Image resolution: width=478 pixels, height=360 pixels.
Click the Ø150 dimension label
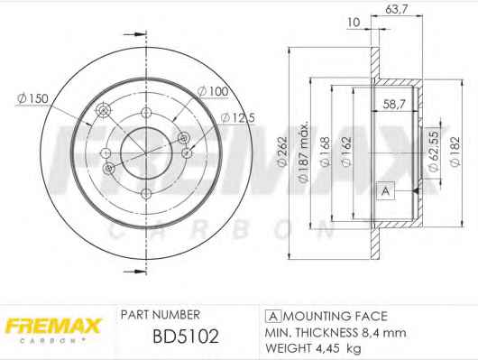point(33,98)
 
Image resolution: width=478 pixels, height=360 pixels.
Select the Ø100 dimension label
point(213,91)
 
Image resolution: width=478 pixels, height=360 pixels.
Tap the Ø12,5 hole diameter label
point(238,118)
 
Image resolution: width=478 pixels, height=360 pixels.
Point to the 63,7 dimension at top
point(396,9)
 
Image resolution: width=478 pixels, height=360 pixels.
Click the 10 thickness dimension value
point(354,23)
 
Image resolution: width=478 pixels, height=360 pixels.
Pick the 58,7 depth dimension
point(394,105)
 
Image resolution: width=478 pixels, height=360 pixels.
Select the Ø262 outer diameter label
point(282,152)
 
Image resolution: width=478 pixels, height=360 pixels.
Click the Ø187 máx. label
point(304,152)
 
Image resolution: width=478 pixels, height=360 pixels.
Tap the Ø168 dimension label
point(326,152)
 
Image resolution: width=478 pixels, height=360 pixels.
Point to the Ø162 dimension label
point(346,152)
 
